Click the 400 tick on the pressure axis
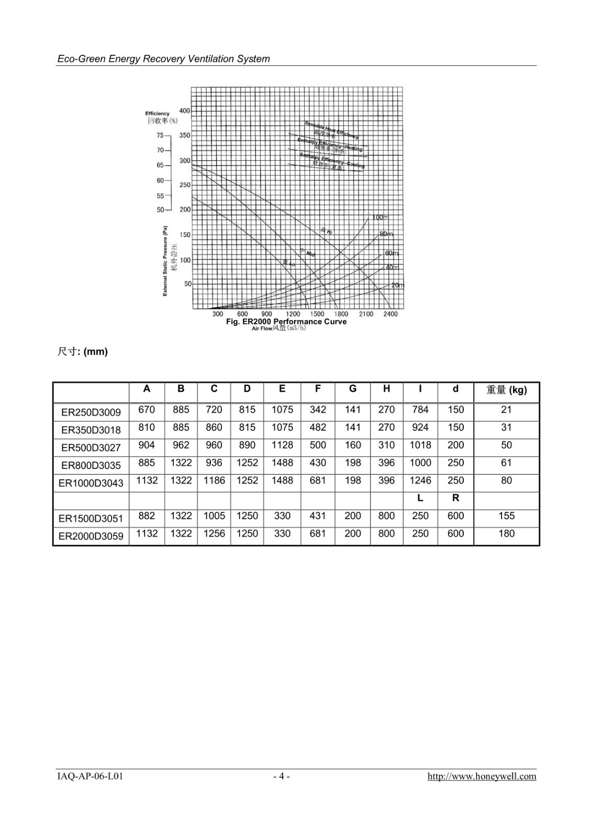click(x=185, y=111)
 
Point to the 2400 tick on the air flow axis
click(x=390, y=314)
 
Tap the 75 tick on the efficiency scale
click(x=160, y=136)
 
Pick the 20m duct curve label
click(x=398, y=285)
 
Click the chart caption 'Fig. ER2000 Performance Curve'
click(x=286, y=322)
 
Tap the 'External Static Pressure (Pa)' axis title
click(x=165, y=261)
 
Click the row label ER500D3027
click(x=91, y=448)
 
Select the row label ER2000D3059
click(x=91, y=536)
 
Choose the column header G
click(x=353, y=389)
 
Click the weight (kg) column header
click(x=507, y=390)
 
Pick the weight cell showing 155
click(x=507, y=516)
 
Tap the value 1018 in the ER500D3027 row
click(x=420, y=445)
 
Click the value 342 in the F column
click(x=318, y=410)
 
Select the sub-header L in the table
click(x=420, y=498)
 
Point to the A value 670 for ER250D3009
click(x=147, y=410)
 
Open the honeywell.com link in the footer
click(x=482, y=776)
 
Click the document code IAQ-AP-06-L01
click(x=90, y=776)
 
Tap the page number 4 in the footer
click(x=282, y=776)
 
